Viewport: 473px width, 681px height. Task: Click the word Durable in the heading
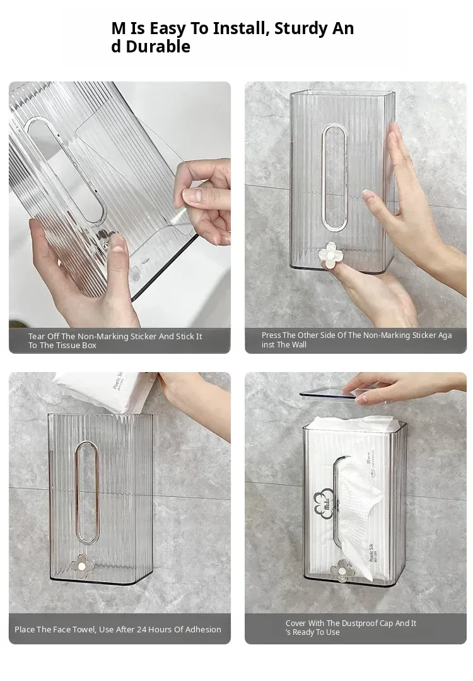click(158, 47)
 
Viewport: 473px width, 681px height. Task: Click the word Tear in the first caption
click(36, 336)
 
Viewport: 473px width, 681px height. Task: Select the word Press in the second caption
click(271, 335)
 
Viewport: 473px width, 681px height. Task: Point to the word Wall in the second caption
click(299, 345)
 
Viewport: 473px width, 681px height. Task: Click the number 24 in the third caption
click(141, 629)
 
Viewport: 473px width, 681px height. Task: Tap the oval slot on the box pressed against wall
click(335, 176)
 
